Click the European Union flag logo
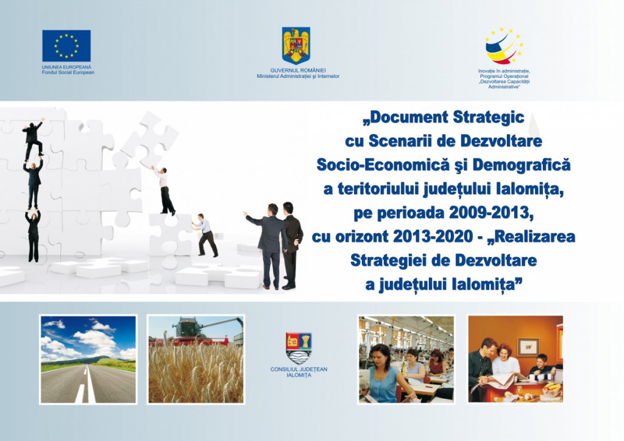tap(66, 46)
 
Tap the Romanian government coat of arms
tap(296, 45)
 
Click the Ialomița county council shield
tap(299, 348)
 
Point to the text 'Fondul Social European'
tap(68, 72)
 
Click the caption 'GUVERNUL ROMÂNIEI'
tap(298, 71)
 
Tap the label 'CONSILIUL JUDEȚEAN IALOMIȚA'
tap(299, 372)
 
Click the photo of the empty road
tap(88, 359)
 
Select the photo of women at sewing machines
tap(406, 359)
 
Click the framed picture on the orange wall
tap(528, 347)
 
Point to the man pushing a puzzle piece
tap(205, 235)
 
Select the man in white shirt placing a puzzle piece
tap(165, 191)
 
